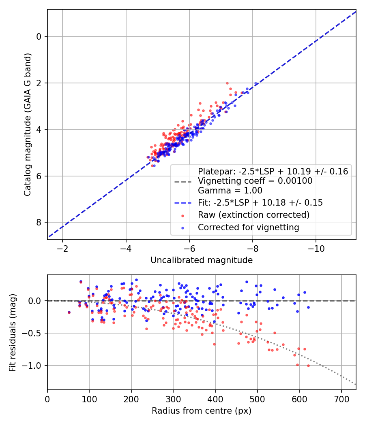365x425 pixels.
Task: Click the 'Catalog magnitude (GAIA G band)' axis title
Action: point(27,125)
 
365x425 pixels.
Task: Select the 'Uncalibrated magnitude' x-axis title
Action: point(202,260)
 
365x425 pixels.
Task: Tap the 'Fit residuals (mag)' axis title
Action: point(13,332)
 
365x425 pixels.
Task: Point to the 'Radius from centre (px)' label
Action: point(202,411)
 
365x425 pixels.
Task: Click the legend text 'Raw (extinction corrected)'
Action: point(253,215)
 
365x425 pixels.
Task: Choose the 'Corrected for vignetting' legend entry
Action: point(248,227)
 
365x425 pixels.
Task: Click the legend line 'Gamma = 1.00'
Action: point(230,191)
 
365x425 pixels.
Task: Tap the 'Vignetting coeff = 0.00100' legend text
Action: point(255,181)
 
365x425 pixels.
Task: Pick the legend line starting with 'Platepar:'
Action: point(273,171)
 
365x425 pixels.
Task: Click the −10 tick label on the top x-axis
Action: point(316,249)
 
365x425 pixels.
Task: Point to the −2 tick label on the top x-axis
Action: point(62,249)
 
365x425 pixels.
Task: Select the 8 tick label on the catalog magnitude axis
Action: point(39,222)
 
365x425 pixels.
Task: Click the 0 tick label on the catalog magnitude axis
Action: point(39,37)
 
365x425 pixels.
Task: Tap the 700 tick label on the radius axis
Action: point(341,399)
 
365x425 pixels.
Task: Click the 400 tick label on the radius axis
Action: point(215,399)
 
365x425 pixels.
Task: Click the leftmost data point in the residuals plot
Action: point(69,312)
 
